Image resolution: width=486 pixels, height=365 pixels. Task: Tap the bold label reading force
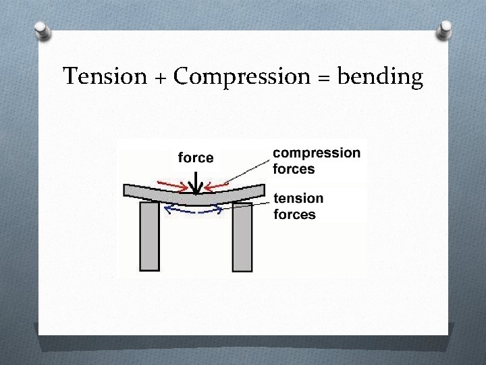click(x=195, y=158)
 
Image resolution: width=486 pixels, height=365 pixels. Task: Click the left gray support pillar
click(x=148, y=237)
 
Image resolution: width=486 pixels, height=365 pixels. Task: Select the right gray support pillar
click(x=242, y=237)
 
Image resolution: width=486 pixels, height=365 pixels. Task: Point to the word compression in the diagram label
click(x=317, y=153)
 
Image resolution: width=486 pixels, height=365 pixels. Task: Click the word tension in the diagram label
click(x=299, y=199)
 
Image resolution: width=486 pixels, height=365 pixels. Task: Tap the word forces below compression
click(x=294, y=169)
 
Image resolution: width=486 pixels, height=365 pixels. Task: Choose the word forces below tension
click(x=294, y=215)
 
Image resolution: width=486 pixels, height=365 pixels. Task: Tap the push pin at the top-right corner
click(x=446, y=29)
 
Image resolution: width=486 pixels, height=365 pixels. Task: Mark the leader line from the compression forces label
click(x=250, y=171)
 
